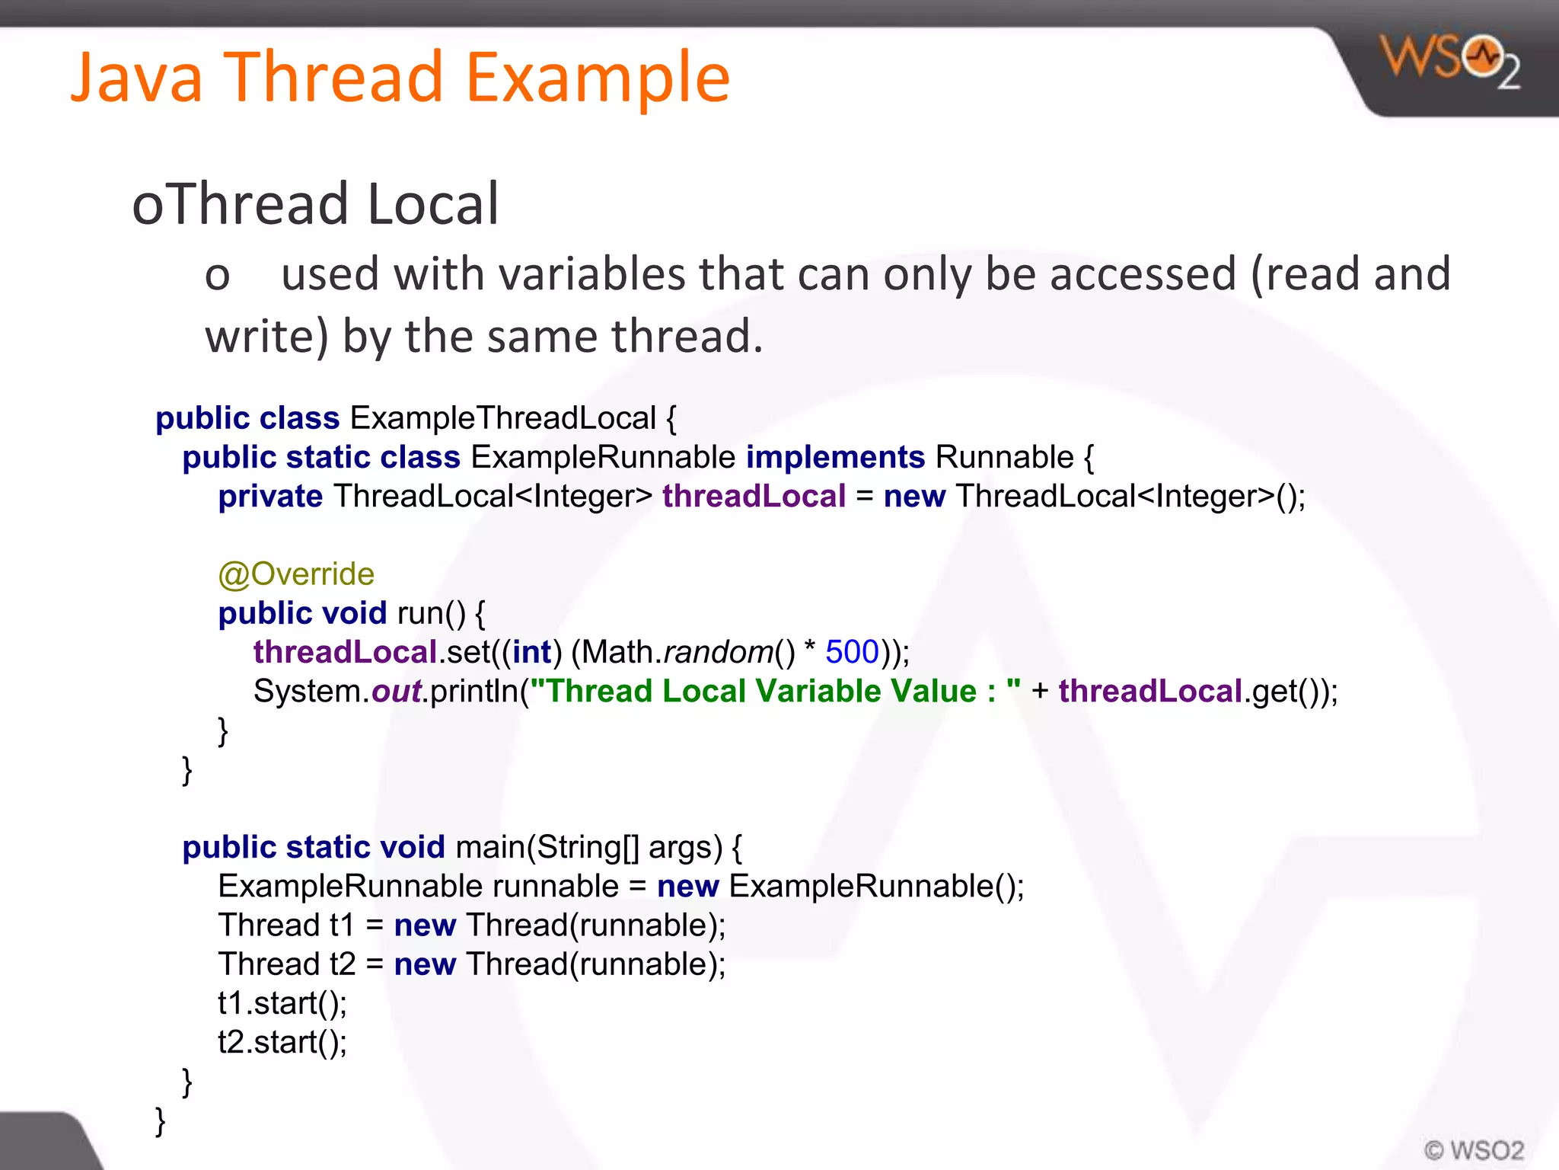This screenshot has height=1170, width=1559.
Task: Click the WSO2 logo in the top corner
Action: coord(1450,61)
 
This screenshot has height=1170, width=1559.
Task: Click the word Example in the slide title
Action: coord(598,78)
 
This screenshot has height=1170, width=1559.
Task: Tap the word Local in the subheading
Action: coord(433,204)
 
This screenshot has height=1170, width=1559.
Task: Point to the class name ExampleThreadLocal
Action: coord(502,418)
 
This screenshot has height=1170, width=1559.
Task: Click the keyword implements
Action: coord(835,457)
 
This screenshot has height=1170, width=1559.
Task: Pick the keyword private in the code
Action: coord(270,497)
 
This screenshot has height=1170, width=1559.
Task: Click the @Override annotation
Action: coord(296,574)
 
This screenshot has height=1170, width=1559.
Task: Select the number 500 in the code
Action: coord(852,652)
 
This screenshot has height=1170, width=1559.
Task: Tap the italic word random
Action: coord(719,652)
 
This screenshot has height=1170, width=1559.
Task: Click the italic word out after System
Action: coord(396,692)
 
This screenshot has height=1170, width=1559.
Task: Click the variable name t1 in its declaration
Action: coord(342,925)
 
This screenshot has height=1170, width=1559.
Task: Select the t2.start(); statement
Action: coord(282,1042)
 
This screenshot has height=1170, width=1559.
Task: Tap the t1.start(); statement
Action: coord(282,1003)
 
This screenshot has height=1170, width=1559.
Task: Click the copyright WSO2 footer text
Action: coord(1474,1149)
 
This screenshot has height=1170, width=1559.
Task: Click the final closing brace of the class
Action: coord(161,1121)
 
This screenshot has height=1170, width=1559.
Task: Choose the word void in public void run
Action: coord(355,613)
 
